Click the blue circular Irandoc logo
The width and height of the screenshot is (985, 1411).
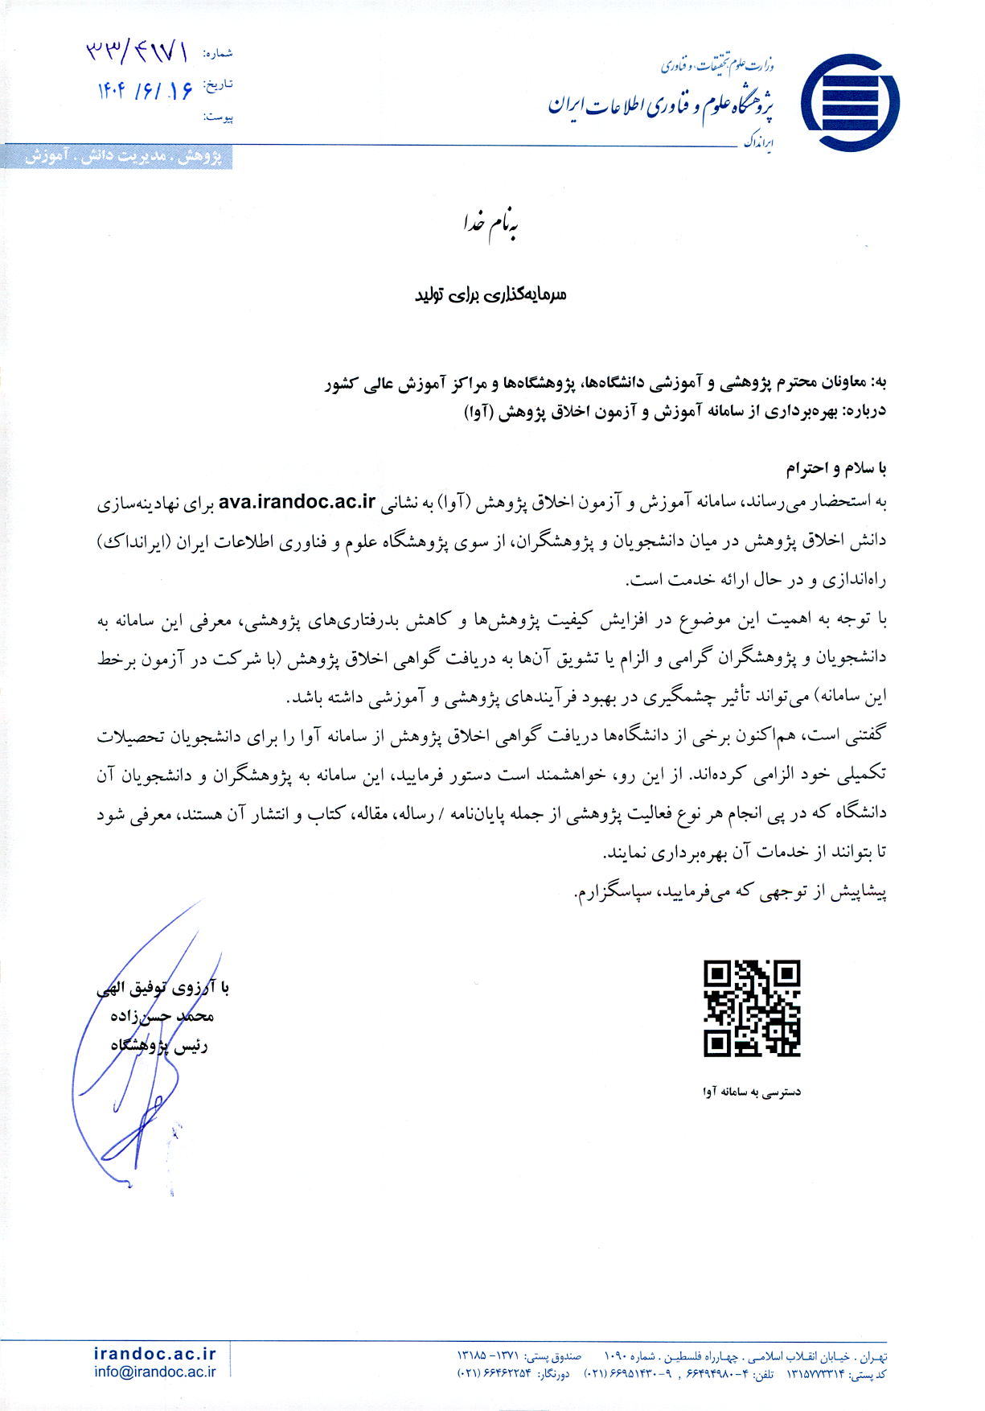(x=850, y=103)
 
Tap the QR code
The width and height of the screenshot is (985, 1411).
(x=752, y=1008)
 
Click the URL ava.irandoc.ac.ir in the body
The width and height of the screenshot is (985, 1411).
(x=298, y=502)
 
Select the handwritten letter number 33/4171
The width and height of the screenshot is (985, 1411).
(x=137, y=53)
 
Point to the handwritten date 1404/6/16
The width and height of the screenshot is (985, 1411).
(x=145, y=91)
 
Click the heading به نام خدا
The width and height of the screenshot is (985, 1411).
(x=490, y=225)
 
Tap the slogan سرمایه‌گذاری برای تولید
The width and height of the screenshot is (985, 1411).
(x=490, y=294)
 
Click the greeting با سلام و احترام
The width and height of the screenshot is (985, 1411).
(x=836, y=468)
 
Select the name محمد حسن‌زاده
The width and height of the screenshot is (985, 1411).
(x=162, y=1016)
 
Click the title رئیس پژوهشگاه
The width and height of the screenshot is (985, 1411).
(x=159, y=1046)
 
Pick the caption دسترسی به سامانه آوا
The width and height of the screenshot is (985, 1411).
(x=752, y=1092)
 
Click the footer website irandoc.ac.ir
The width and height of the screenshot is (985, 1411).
(x=155, y=1354)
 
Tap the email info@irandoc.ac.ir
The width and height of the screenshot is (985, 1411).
(x=155, y=1372)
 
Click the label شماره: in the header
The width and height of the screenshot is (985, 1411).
(x=218, y=54)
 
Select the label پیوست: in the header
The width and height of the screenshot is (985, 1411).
(x=218, y=117)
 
